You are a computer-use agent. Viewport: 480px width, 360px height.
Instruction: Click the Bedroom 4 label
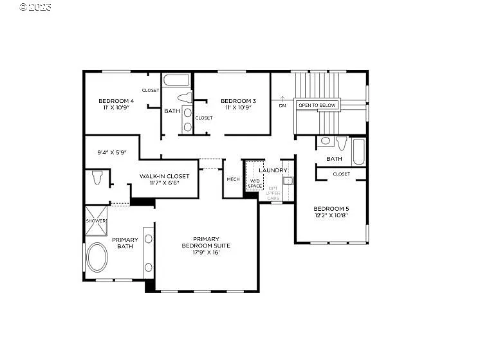point(116,101)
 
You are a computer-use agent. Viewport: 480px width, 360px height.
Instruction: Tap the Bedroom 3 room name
point(238,101)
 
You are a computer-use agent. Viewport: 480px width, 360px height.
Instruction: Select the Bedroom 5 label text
point(331,208)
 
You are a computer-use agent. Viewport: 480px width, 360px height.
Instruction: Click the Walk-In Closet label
point(164,176)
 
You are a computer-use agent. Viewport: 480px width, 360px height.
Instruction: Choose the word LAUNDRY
point(273,170)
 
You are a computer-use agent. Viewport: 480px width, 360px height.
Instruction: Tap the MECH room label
point(232,179)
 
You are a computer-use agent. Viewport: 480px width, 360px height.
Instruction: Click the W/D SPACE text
point(255,184)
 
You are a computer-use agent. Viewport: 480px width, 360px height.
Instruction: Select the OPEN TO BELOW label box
point(317,105)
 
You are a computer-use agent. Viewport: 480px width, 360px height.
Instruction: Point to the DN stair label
point(282,105)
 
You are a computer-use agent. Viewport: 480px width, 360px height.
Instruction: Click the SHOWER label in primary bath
point(95,221)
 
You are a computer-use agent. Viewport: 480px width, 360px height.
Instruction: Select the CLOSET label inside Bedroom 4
point(151,91)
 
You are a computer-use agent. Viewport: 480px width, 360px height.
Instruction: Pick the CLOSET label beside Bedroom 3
point(204,118)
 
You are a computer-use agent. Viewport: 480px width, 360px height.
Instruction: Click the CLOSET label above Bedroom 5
point(341,174)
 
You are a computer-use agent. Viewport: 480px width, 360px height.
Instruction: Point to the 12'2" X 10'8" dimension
point(331,215)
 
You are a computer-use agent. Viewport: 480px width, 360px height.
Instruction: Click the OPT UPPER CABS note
point(273,193)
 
